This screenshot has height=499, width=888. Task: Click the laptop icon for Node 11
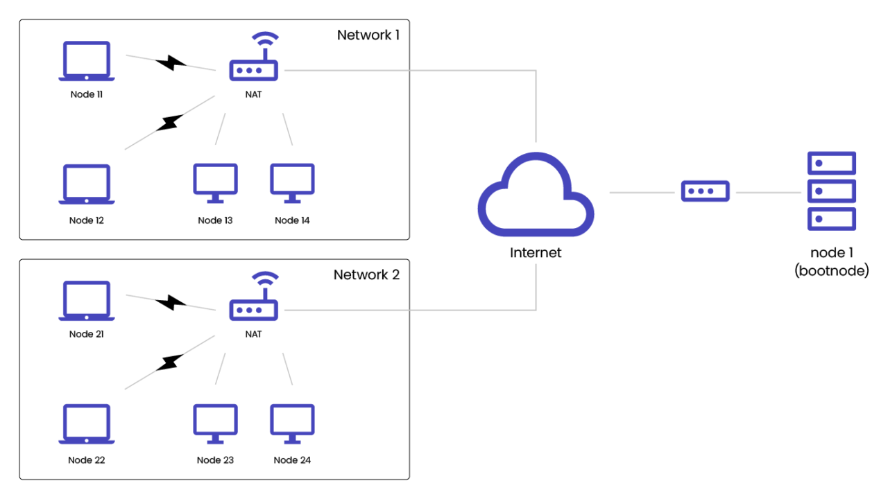click(x=87, y=62)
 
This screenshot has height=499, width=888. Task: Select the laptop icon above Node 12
click(x=87, y=184)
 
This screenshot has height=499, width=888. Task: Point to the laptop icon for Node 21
click(x=87, y=301)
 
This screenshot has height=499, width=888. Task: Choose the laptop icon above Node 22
click(x=87, y=424)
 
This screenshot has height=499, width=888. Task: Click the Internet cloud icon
click(x=536, y=197)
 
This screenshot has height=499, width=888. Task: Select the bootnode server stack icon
click(x=832, y=191)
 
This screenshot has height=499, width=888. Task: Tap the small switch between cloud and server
click(x=705, y=191)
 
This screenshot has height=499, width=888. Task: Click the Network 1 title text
click(x=368, y=35)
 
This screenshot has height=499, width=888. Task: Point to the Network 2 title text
click(x=366, y=274)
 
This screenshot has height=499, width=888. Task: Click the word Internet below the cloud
click(x=536, y=253)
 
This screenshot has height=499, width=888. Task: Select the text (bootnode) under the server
click(x=831, y=271)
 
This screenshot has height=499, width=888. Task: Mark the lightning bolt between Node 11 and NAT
click(x=171, y=63)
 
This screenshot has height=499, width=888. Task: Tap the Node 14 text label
click(x=292, y=220)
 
